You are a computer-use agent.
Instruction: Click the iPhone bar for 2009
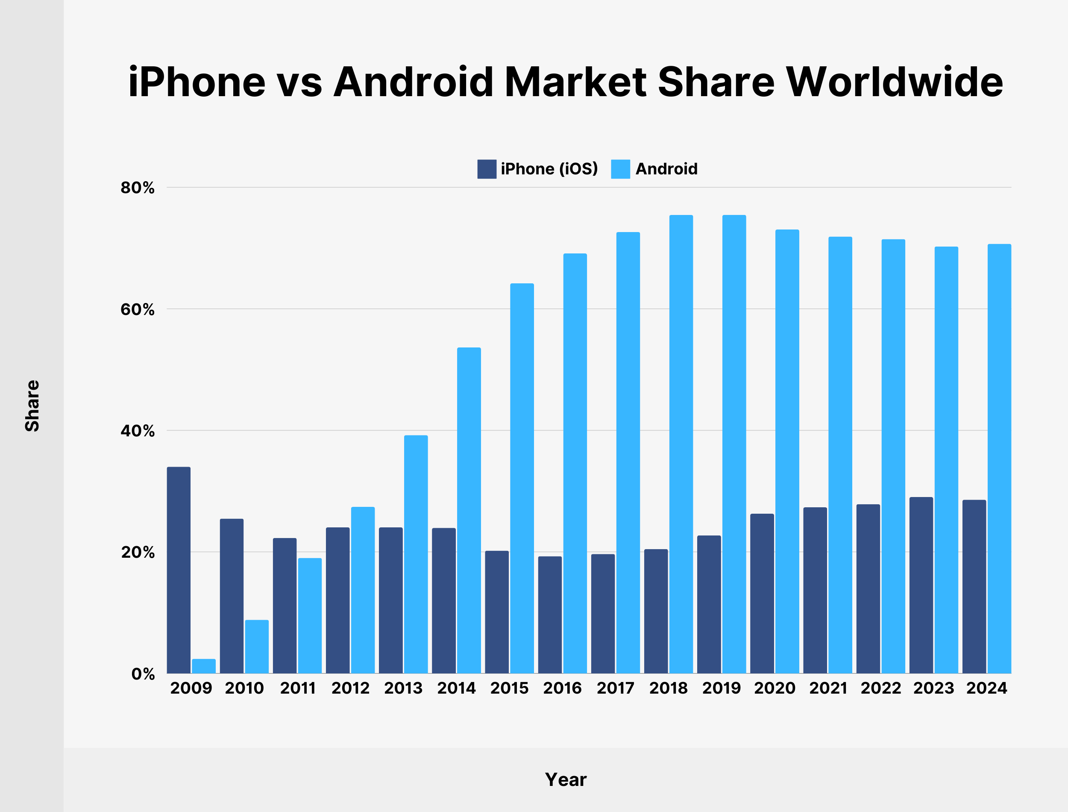pyautogui.click(x=179, y=571)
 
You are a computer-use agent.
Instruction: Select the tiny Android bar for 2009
pyautogui.click(x=204, y=666)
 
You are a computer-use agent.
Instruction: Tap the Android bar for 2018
pyautogui.click(x=681, y=444)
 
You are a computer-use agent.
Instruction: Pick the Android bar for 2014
pyautogui.click(x=469, y=510)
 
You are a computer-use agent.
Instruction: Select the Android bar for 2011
pyautogui.click(x=310, y=616)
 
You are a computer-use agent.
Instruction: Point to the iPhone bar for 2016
pyautogui.click(x=550, y=615)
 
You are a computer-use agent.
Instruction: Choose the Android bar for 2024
pyautogui.click(x=999, y=459)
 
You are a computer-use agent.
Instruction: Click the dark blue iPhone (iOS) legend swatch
pyautogui.click(x=487, y=169)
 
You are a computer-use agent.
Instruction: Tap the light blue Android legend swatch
pyautogui.click(x=620, y=169)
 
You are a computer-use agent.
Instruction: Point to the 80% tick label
pyautogui.click(x=138, y=188)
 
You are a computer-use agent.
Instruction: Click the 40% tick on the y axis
pyautogui.click(x=138, y=431)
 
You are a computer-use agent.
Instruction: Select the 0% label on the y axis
pyautogui.click(x=143, y=674)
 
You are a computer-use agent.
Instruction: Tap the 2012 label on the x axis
pyautogui.click(x=351, y=688)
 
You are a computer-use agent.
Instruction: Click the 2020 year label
pyautogui.click(x=775, y=688)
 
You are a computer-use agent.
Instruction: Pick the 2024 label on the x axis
pyautogui.click(x=987, y=688)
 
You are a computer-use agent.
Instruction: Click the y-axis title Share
pyautogui.click(x=32, y=406)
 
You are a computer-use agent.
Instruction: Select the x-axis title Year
pyautogui.click(x=566, y=780)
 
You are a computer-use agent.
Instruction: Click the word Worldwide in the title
pyautogui.click(x=895, y=82)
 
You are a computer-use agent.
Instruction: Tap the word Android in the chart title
pyautogui.click(x=414, y=82)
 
